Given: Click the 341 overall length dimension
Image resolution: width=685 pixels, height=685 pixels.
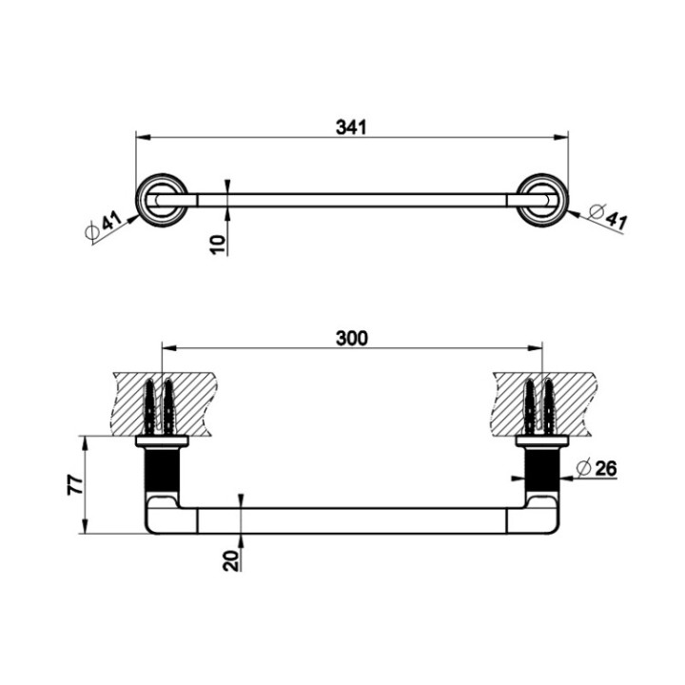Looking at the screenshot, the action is (351, 127).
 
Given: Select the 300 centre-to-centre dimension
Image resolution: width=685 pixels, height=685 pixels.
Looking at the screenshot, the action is (352, 338).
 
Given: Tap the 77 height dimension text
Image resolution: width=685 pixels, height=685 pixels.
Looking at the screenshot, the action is (75, 484).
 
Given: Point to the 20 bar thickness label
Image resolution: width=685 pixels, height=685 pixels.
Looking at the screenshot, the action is (231, 560).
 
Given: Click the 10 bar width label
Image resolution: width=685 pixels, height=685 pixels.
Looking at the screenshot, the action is (218, 245).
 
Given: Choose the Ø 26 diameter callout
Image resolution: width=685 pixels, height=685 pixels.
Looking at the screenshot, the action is (597, 469).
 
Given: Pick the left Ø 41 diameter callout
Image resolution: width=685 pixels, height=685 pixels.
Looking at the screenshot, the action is (104, 225).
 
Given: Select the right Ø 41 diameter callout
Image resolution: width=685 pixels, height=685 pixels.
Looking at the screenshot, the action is (608, 217).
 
